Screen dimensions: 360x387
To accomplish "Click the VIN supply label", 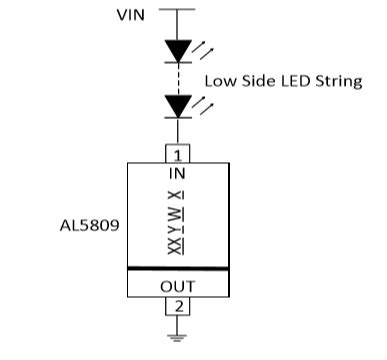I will point(130,15).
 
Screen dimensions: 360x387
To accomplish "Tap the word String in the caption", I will point(336,80).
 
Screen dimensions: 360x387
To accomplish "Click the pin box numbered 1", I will point(178,154).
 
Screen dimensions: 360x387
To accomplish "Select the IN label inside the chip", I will point(178,172).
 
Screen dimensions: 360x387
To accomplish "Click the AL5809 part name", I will point(90,226).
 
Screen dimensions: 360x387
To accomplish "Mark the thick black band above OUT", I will point(178,268).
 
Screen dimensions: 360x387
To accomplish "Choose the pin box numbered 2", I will point(178,305).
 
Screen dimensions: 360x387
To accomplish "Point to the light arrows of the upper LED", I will point(203,45).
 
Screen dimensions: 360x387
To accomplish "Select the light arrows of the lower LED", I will point(203,100).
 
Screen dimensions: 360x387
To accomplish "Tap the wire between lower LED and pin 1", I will point(178,131).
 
